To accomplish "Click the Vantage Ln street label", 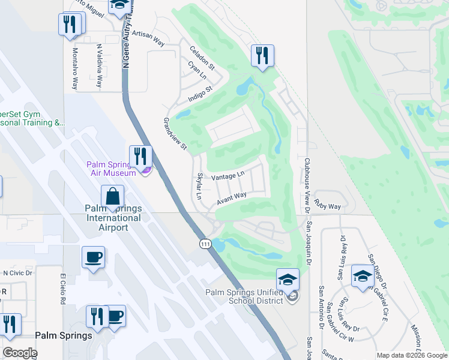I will pos(229,175).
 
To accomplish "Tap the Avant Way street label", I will pos(232,198).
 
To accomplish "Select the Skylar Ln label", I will pos(199,187).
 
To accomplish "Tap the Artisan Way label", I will pos(148,38).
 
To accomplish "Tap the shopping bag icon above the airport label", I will pos(112,196).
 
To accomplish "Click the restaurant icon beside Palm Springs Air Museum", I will pos(140,157).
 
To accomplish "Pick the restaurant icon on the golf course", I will pos(262,56).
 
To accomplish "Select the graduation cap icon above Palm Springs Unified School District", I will pos(288,280).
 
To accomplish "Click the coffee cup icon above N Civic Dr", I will pos(93,257).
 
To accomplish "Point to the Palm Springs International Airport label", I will pos(114,218).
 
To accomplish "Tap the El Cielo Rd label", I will pos(62,289).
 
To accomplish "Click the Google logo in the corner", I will pos(20,353).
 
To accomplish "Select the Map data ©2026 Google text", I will pos(412,355).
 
